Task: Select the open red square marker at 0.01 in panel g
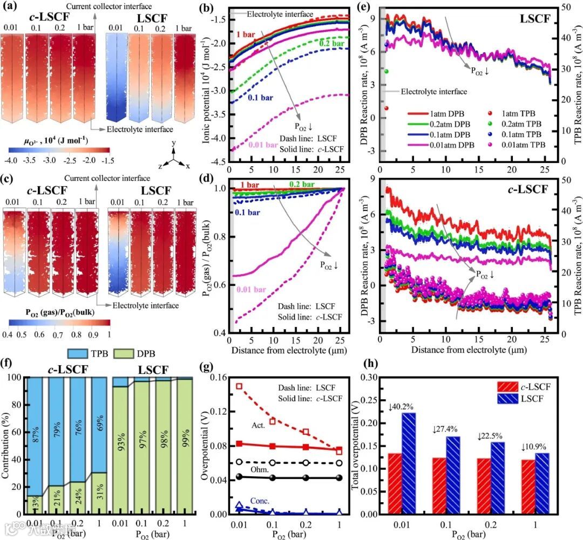(239, 386)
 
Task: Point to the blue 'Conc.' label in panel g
(261, 500)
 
